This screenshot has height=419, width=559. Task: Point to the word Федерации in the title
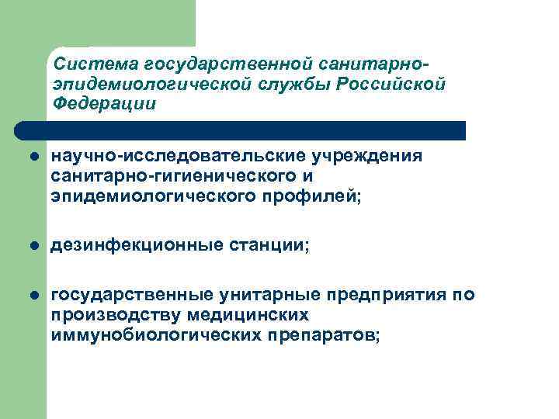pyautogui.click(x=104, y=103)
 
